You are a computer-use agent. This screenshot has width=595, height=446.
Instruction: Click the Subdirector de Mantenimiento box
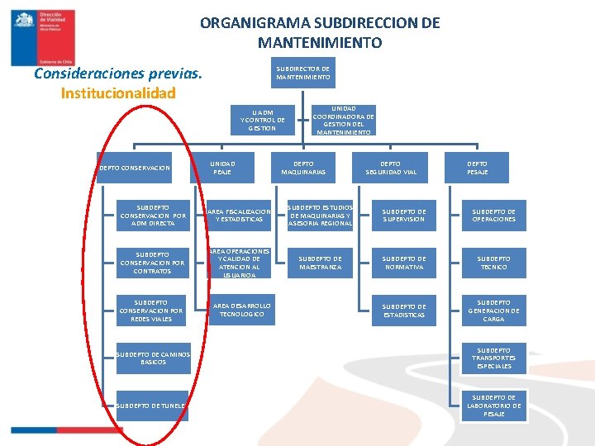[x=302, y=73]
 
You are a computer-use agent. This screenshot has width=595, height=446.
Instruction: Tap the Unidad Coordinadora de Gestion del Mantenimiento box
[x=344, y=120]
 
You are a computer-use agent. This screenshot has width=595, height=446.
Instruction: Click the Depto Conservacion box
[x=134, y=168]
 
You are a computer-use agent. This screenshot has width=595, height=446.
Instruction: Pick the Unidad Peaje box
[x=222, y=168]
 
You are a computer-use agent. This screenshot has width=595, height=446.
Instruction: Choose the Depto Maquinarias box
[x=303, y=168]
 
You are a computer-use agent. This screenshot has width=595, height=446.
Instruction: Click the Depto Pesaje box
[x=477, y=168]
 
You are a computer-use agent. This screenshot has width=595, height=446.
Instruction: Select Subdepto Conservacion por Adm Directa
[x=152, y=215]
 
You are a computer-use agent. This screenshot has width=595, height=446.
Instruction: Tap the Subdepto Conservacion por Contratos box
[x=152, y=263]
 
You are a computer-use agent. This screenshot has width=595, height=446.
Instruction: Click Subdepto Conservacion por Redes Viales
[x=152, y=311]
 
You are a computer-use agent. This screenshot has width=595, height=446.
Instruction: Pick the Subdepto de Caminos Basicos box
[x=153, y=358]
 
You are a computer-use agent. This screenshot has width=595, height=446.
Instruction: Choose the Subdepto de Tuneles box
[x=151, y=406]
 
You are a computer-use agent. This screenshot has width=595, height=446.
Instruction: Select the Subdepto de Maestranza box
[x=320, y=263]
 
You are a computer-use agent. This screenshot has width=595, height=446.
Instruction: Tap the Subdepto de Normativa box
[x=404, y=263]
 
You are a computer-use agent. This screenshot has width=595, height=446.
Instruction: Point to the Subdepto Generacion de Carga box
[x=493, y=311]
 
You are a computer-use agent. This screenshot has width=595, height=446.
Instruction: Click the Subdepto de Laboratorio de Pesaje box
[x=493, y=406]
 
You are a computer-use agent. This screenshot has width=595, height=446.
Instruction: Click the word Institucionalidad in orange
[x=118, y=93]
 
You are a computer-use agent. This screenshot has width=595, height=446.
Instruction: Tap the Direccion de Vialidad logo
[x=43, y=37]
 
